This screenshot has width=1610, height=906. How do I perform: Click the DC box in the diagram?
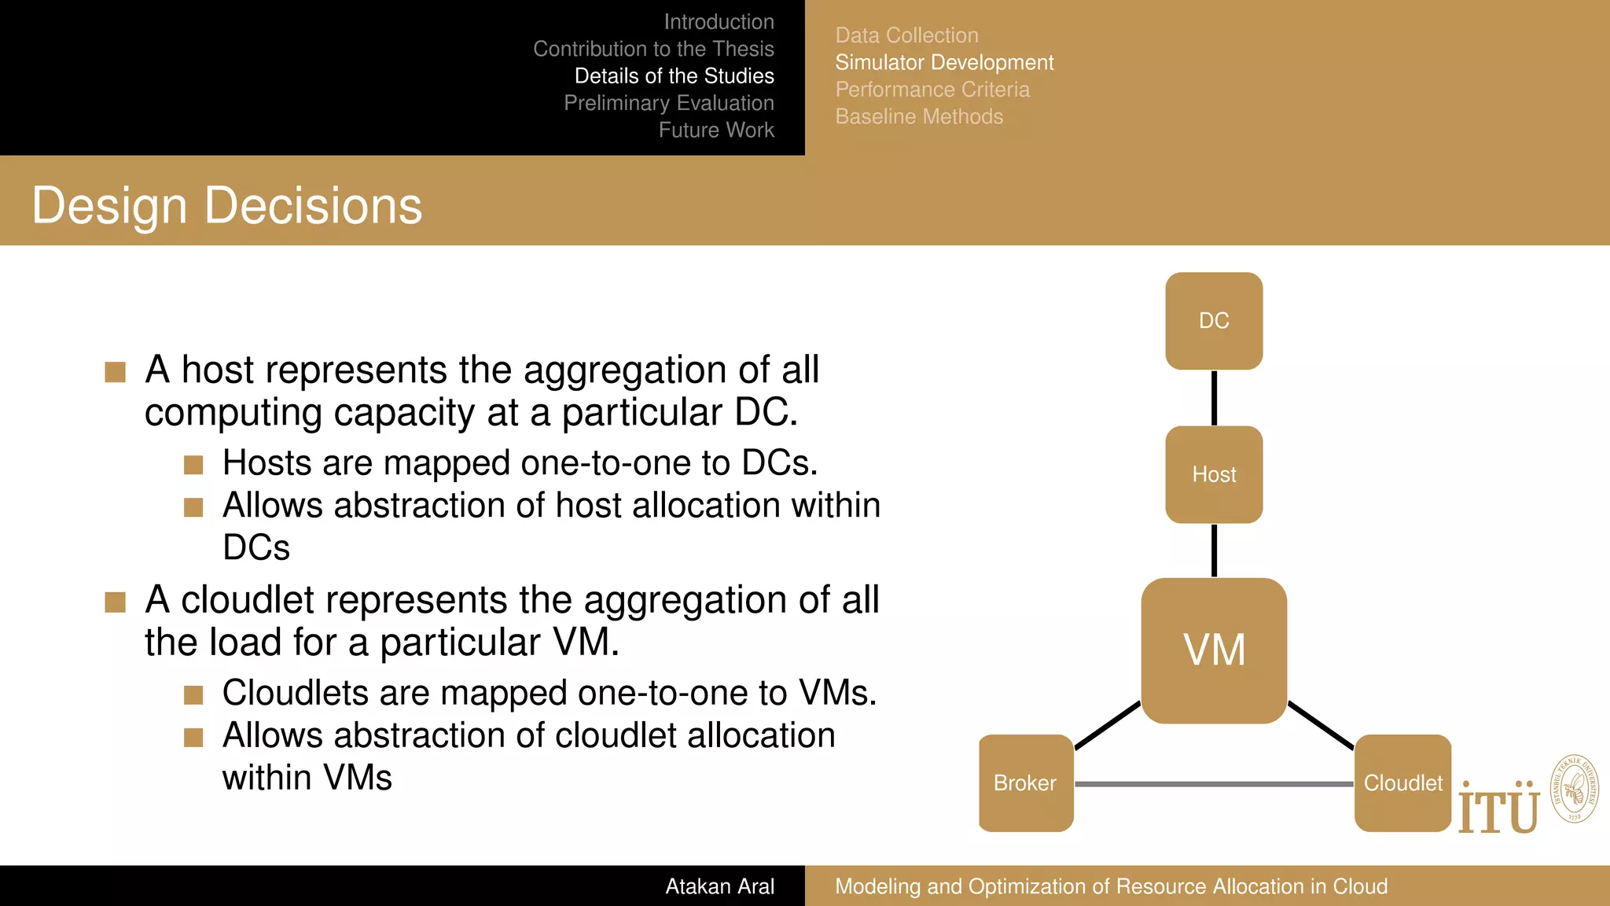tap(1214, 321)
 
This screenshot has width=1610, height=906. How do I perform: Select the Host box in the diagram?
tap(1214, 474)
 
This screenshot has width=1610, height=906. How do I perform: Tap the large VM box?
tap(1214, 650)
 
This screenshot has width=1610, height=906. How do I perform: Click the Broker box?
tap(1025, 783)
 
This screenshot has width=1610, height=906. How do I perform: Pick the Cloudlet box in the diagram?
tap(1402, 783)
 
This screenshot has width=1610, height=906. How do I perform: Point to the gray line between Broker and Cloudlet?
tap(1214, 784)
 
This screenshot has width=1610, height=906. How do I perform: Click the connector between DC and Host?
tap(1214, 398)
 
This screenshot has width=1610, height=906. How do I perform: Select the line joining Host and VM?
tap(1214, 551)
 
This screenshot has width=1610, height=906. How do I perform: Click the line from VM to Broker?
tap(1107, 725)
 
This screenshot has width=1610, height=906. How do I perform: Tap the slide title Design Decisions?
tap(227, 206)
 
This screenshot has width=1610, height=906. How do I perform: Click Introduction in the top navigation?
tap(719, 22)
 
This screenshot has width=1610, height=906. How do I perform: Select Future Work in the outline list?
tap(716, 130)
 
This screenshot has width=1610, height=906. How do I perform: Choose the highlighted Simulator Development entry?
tap(944, 62)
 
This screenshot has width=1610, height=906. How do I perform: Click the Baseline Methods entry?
tap(919, 116)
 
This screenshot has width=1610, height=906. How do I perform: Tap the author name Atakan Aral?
tap(719, 886)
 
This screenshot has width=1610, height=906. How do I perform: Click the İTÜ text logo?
tap(1498, 810)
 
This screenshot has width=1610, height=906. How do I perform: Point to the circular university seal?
tap(1575, 790)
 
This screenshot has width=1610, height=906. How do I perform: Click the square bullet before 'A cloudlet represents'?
tap(116, 602)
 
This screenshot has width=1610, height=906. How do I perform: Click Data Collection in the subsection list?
tap(906, 35)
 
